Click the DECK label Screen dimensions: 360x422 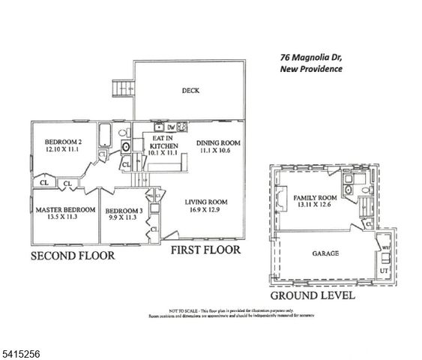tap(190, 91)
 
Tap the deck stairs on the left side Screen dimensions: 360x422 tap(121, 91)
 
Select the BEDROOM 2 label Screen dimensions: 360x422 tap(62, 142)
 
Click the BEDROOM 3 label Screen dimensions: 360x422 tap(124, 211)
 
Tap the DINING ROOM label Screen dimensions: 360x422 tap(217, 143)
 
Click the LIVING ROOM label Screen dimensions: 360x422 tap(207, 202)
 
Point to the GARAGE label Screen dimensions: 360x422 tap(326, 253)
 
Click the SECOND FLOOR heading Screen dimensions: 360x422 tap(73, 256)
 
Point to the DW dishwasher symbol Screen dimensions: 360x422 tap(170, 127)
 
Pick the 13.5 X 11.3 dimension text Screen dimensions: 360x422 tap(65, 218)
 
